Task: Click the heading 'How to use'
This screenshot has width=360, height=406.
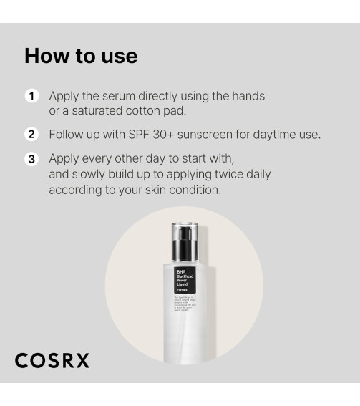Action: click(80, 56)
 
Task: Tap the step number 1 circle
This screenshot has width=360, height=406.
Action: click(31, 96)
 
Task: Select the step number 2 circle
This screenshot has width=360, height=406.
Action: click(31, 135)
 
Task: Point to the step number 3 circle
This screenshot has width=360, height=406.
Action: click(31, 159)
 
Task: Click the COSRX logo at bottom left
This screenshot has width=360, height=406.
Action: click(52, 360)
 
